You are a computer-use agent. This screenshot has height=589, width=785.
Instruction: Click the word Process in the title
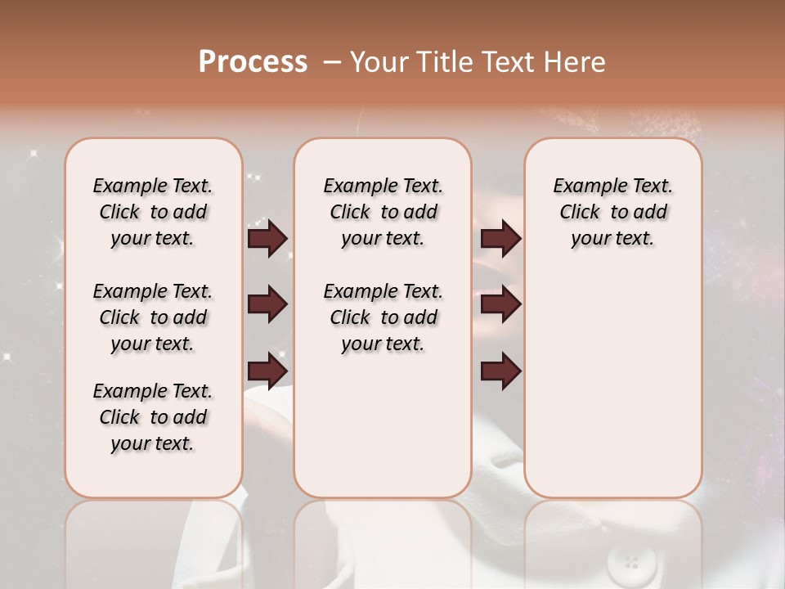pos(253,62)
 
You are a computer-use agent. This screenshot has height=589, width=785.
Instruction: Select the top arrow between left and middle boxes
pos(267,238)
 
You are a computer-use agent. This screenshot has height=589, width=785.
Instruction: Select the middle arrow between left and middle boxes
pos(267,305)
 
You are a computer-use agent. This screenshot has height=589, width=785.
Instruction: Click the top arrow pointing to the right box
pos(500,238)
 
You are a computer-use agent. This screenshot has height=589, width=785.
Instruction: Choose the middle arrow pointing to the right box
pos(500,305)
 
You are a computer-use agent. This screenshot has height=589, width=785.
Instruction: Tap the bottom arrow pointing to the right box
pos(500,371)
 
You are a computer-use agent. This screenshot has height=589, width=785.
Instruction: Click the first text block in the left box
pos(153,212)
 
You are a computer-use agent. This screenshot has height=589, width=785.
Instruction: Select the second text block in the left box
pos(153,317)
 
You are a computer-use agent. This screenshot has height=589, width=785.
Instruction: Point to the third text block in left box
pos(153,417)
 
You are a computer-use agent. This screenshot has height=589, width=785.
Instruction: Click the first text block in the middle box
pos(383,212)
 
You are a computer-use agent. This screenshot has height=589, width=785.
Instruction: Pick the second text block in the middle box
pos(383,317)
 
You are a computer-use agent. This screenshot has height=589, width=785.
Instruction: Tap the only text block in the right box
pos(612,212)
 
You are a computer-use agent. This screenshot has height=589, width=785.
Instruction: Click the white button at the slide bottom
pos(631,563)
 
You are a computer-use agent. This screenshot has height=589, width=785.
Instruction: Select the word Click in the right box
pos(580,213)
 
